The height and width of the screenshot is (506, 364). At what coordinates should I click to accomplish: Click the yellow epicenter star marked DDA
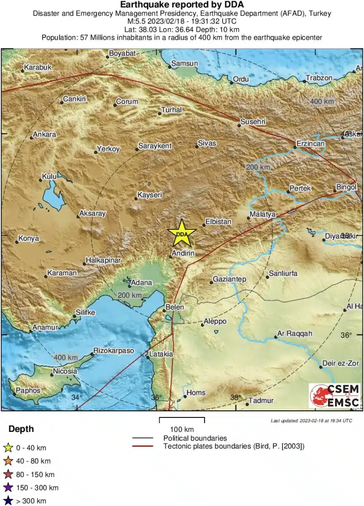coord(182,233)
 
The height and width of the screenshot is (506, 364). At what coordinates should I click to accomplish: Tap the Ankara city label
coord(44,135)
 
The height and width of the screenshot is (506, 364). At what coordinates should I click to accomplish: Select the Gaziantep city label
coord(230,279)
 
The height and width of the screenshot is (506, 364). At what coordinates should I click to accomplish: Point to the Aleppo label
coord(215,321)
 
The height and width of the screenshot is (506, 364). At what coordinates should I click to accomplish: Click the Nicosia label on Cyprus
coord(65,371)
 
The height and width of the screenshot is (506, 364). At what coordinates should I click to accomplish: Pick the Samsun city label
coord(184,63)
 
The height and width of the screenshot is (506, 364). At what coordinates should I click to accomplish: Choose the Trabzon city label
coord(319,78)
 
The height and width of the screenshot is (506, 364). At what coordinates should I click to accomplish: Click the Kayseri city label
coord(150,195)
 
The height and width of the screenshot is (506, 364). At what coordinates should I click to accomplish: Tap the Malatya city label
coord(263,214)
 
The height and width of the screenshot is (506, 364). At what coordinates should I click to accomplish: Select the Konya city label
coord(29,239)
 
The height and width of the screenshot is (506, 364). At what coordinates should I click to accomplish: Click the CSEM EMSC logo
coord(334,396)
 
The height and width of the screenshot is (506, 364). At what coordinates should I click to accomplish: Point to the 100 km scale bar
coord(182,420)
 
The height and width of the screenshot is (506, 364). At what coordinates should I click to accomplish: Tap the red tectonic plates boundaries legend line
coord(143,446)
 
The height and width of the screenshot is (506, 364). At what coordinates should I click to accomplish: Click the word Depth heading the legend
coord(21,429)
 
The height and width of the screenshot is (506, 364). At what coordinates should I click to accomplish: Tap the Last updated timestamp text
coord(311,421)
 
